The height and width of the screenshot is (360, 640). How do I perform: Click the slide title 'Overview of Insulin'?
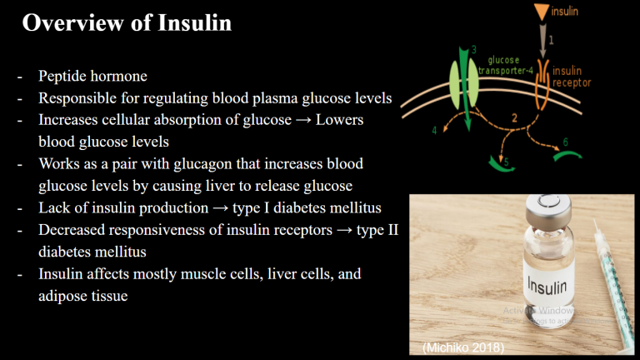coord(127,22)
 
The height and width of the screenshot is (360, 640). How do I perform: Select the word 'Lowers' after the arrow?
coord(340,120)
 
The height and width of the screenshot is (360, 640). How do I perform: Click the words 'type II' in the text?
coord(377,230)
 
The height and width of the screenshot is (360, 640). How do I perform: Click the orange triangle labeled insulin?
coord(541,12)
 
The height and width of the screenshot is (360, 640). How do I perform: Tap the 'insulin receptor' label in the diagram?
coord(572,77)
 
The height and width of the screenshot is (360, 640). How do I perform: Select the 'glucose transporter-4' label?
coord(505,65)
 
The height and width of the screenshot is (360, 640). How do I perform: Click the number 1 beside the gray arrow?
coord(551,40)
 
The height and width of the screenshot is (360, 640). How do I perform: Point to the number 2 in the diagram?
coord(514,118)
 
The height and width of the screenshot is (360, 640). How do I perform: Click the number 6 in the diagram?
coord(565,142)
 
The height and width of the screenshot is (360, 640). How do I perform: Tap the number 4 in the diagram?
coord(434,130)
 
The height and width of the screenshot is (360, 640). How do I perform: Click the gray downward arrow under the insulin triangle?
coord(542,41)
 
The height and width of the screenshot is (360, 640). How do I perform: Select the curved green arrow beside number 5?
coord(499,166)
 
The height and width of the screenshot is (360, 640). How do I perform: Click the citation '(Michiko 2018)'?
coord(463,347)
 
